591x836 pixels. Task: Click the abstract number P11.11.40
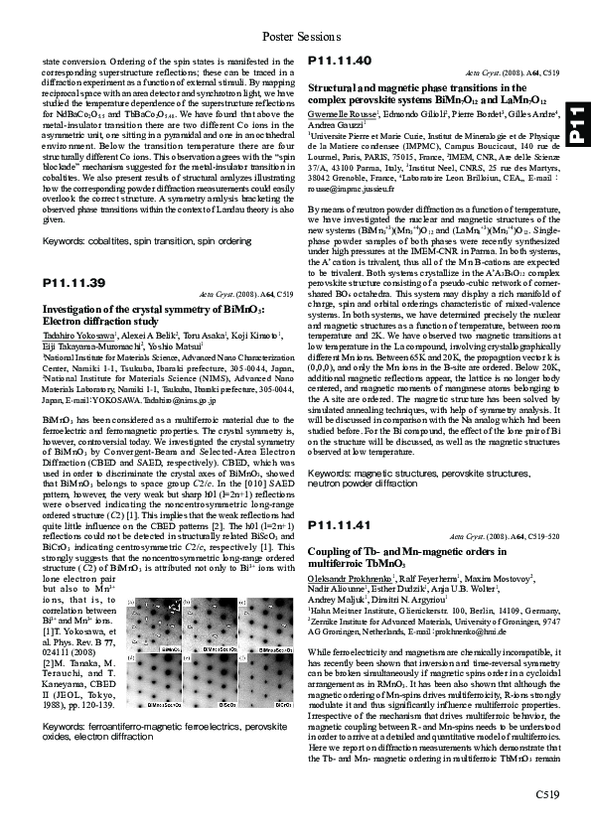[x=341, y=62]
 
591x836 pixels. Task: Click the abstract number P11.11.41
[x=341, y=524]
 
